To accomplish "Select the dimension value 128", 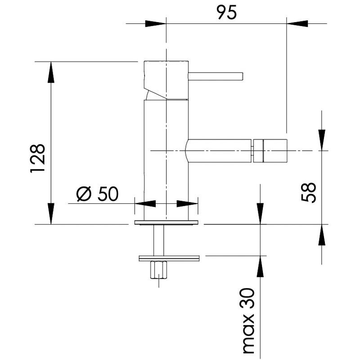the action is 37,158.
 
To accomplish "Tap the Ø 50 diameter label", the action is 98,193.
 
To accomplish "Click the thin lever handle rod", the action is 216,76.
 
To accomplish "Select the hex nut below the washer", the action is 159,270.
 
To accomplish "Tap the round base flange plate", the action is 166,222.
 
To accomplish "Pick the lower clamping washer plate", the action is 169,258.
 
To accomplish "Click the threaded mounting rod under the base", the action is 159,240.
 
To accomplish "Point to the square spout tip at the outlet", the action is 275,151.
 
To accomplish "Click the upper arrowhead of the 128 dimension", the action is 51,72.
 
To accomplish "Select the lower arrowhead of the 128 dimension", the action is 51,213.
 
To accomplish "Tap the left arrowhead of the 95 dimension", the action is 156,23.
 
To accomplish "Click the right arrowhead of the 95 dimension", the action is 297,23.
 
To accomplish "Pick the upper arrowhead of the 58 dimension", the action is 322,140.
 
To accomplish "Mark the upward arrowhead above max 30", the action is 260,266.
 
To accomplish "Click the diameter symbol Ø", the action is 84,194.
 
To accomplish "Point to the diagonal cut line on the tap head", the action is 155,94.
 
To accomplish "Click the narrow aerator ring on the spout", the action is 258,151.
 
